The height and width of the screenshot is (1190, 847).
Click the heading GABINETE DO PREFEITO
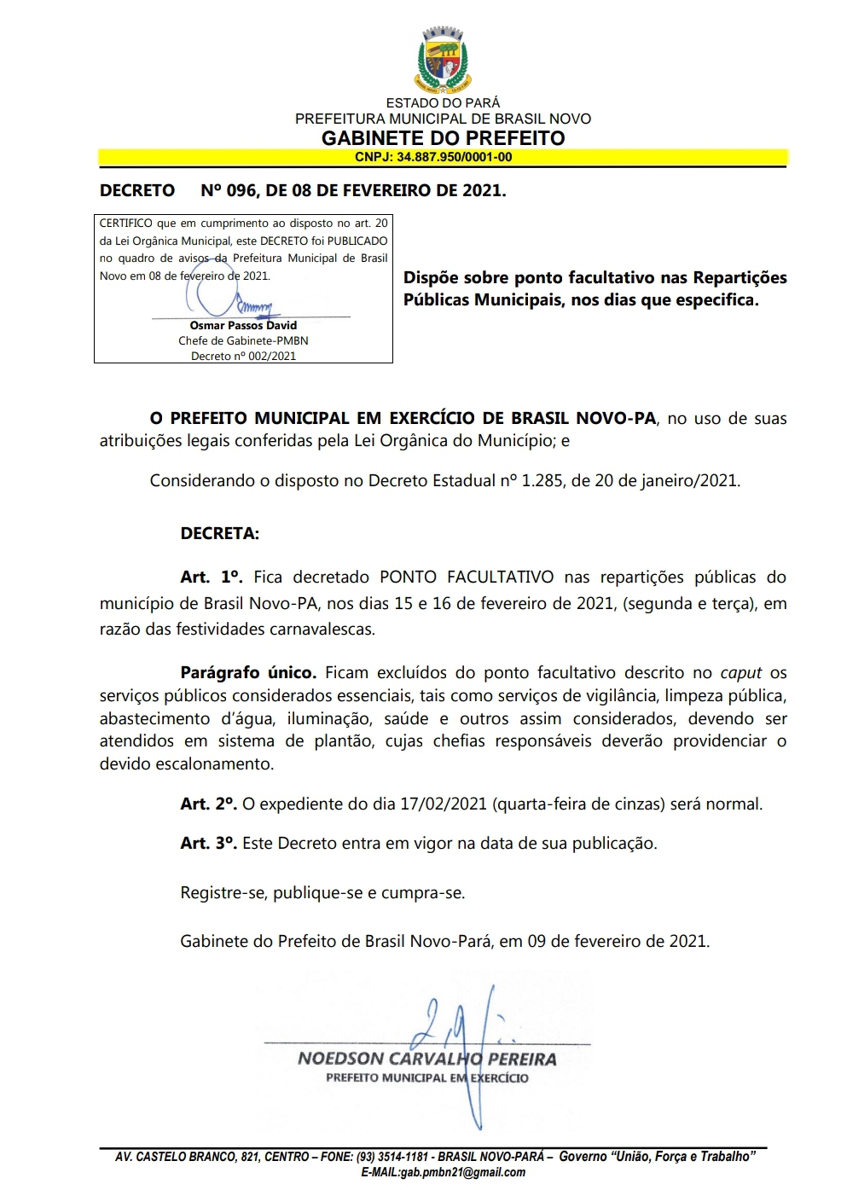point(443,138)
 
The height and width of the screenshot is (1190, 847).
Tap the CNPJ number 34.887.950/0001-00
point(454,157)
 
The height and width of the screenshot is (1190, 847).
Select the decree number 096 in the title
point(241,190)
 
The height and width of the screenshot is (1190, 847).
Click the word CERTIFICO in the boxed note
point(125,223)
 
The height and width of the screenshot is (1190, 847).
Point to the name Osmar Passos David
point(243,325)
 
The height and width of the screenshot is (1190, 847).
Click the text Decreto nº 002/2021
point(243,356)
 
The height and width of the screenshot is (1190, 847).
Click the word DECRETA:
point(219,534)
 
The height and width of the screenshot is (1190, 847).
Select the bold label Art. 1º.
point(212,578)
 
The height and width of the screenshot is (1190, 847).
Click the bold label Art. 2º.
point(208,804)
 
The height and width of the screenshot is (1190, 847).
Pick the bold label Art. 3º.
point(208,843)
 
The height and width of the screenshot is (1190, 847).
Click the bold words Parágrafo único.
point(248,673)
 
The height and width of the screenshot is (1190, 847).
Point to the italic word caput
point(740,673)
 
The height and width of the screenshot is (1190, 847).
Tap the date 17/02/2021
point(444,804)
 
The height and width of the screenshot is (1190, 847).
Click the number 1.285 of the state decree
point(542,480)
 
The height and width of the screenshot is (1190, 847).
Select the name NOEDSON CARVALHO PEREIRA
point(426,1059)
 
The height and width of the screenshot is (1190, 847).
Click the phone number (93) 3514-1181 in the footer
point(393,1157)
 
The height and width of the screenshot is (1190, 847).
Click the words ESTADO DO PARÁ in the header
point(443,103)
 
